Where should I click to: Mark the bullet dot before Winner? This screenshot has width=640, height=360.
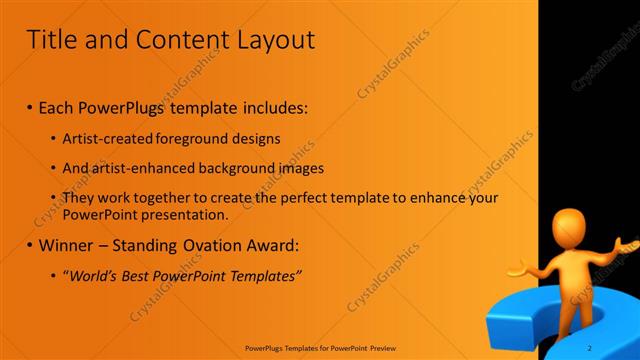(x=30, y=245)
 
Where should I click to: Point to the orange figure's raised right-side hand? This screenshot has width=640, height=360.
(x=626, y=242)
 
